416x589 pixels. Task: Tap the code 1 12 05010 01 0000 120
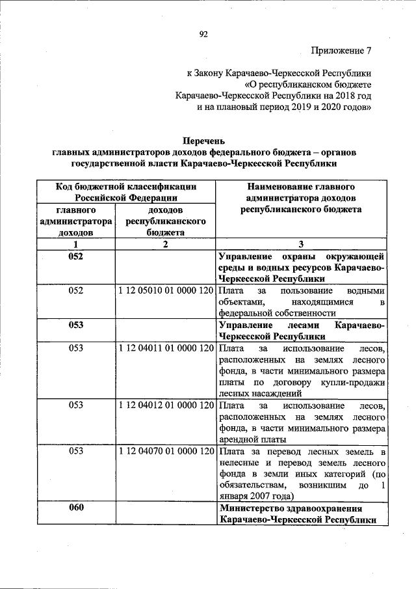click(166, 291)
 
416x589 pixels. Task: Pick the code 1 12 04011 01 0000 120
click(166, 348)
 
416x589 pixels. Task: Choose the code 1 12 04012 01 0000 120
click(166, 405)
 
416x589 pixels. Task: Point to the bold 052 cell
click(76, 256)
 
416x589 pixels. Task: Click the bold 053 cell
click(76, 325)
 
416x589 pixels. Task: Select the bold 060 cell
click(76, 508)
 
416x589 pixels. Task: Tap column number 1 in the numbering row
click(76, 244)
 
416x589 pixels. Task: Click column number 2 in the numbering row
click(166, 244)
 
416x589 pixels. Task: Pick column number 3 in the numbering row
click(301, 244)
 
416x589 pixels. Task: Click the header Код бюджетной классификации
click(125, 187)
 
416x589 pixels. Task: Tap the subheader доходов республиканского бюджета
click(166, 221)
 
